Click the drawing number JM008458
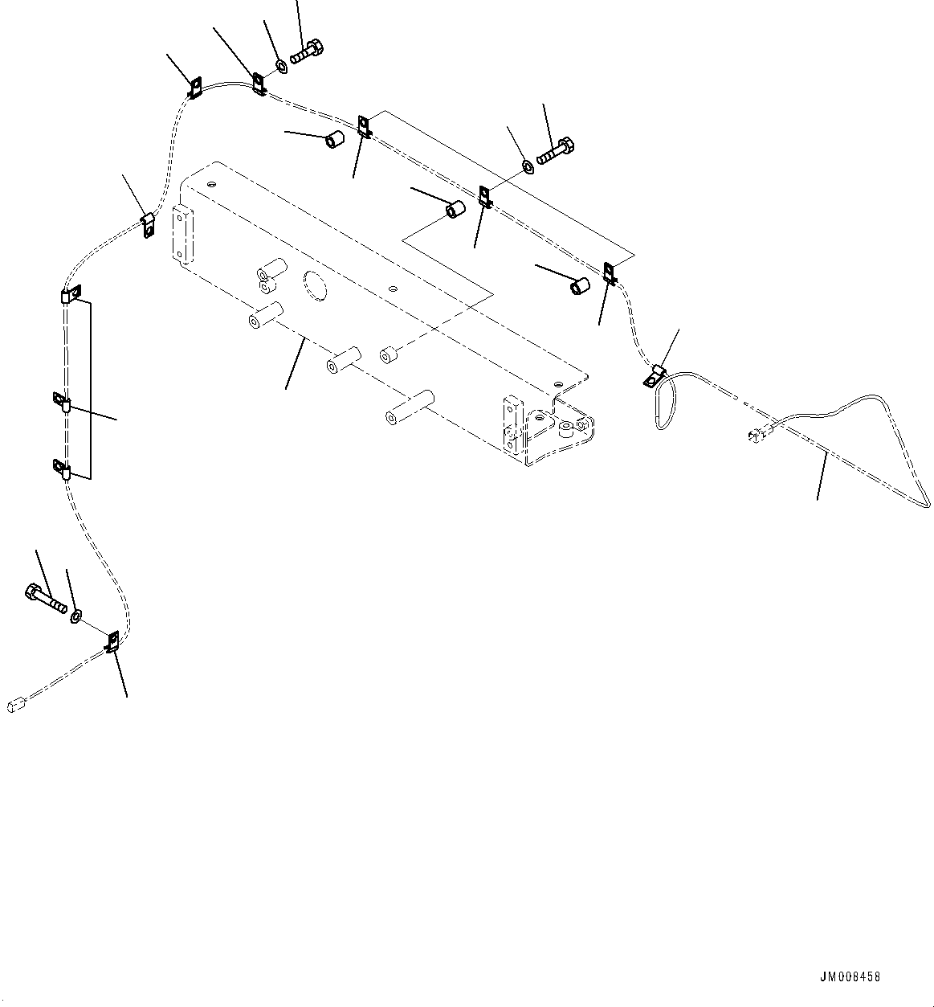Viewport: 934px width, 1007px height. click(850, 977)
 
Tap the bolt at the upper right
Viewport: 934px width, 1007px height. click(554, 150)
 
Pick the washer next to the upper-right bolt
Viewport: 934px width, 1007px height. click(527, 166)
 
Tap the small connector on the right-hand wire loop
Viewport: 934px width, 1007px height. click(755, 436)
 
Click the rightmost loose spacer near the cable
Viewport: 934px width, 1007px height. click(579, 285)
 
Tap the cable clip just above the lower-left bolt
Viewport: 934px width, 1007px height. click(112, 641)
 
